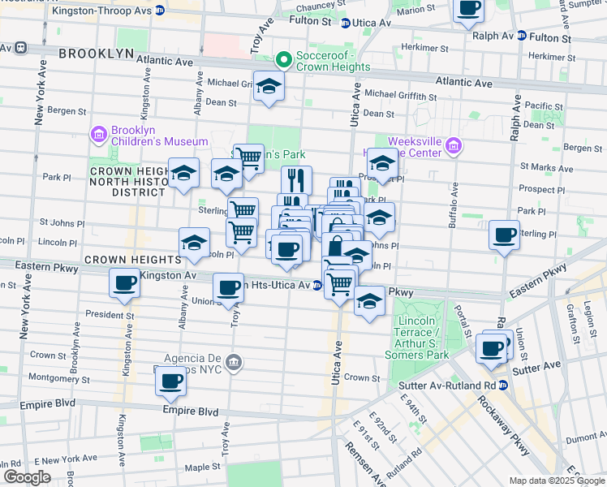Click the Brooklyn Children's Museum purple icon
(99, 133)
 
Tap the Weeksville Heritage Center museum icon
(454, 147)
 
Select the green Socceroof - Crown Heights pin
(283, 59)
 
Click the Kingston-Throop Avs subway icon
(160, 11)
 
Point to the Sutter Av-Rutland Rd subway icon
(504, 385)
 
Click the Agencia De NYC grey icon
(235, 361)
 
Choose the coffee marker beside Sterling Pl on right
(505, 235)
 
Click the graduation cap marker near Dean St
(268, 86)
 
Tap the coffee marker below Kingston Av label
(125, 283)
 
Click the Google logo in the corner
(27, 476)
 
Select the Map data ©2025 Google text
(556, 481)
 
